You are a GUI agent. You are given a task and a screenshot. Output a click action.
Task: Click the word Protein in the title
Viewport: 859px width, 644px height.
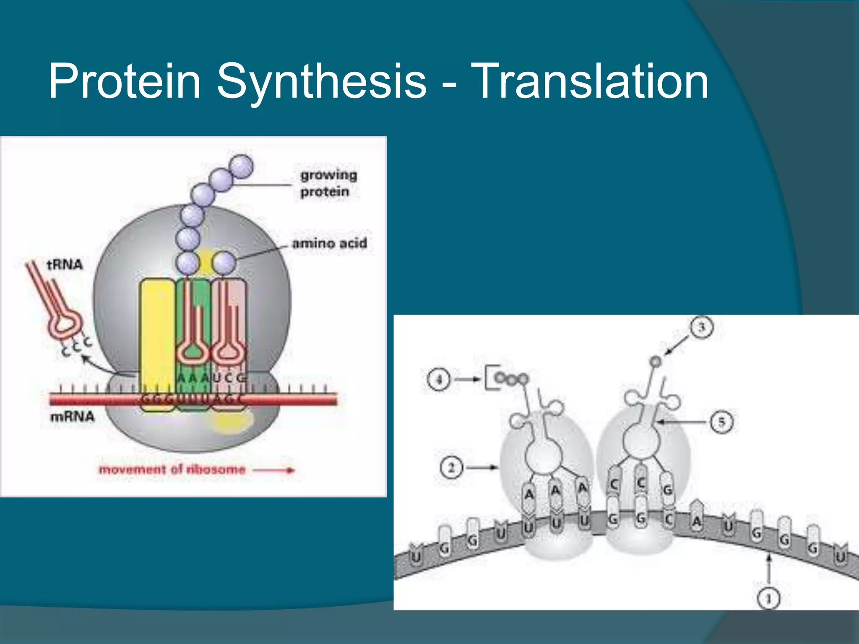[x=124, y=80]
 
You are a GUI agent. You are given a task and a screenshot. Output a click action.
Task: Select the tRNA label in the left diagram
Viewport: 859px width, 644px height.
[x=65, y=265]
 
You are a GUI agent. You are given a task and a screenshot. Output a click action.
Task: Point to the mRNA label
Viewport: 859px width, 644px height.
[x=72, y=417]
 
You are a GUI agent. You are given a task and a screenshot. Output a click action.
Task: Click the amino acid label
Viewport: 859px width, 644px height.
[x=329, y=243]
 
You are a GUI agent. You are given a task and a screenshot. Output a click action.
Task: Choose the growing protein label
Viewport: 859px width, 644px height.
[x=328, y=183]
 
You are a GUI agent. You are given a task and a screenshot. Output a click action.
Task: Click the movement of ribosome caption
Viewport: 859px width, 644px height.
[x=172, y=469]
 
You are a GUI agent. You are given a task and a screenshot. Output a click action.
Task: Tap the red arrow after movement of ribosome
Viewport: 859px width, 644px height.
[x=275, y=470]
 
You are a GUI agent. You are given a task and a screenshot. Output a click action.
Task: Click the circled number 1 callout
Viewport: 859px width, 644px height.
[x=768, y=598]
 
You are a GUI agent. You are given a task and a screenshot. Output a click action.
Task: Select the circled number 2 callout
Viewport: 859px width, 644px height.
[x=451, y=467]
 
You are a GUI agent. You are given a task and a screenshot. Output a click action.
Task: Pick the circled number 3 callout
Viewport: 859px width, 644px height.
[x=702, y=327]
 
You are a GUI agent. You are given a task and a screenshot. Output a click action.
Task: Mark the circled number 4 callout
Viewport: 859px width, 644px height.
[x=439, y=379]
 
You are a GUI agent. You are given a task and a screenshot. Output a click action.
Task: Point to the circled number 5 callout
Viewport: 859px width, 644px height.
[x=721, y=422]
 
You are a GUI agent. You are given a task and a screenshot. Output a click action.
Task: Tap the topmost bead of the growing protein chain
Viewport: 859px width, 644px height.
[x=242, y=166]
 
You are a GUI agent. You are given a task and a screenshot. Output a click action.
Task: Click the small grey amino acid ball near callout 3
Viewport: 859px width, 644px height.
[x=655, y=361]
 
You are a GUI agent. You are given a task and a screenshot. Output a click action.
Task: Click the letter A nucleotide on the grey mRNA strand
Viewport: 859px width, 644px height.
[x=697, y=521]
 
